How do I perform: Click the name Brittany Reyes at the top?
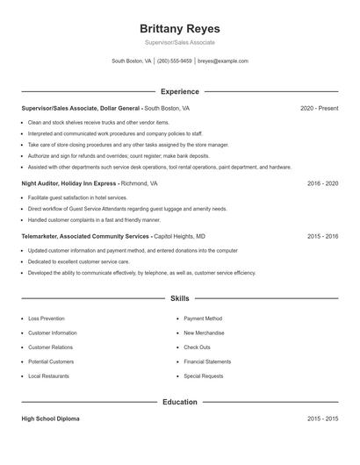pyautogui.click(x=179, y=28)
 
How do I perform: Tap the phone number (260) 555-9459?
pyautogui.click(x=174, y=61)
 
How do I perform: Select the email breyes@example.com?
pyautogui.click(x=223, y=61)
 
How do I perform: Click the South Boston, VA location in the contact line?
pyautogui.click(x=131, y=61)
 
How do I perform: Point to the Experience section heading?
pyautogui.click(x=179, y=91)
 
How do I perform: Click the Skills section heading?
pyautogui.click(x=179, y=299)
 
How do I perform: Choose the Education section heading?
pyautogui.click(x=179, y=402)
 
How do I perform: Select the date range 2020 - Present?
pyautogui.click(x=319, y=108)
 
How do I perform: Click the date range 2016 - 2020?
pyautogui.click(x=322, y=184)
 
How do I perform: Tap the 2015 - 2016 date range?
pyautogui.click(x=322, y=236)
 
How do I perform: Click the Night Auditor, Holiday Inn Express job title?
pyautogui.click(x=68, y=184)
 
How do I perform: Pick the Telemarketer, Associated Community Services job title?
pyautogui.click(x=85, y=236)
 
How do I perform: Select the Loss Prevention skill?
pyautogui.click(x=47, y=318)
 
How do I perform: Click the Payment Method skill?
pyautogui.click(x=203, y=318)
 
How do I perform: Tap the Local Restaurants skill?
pyautogui.click(x=49, y=376)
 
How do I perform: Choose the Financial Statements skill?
pyautogui.click(x=207, y=361)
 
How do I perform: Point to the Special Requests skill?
pyautogui.click(x=204, y=376)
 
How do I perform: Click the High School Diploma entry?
pyautogui.click(x=50, y=418)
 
